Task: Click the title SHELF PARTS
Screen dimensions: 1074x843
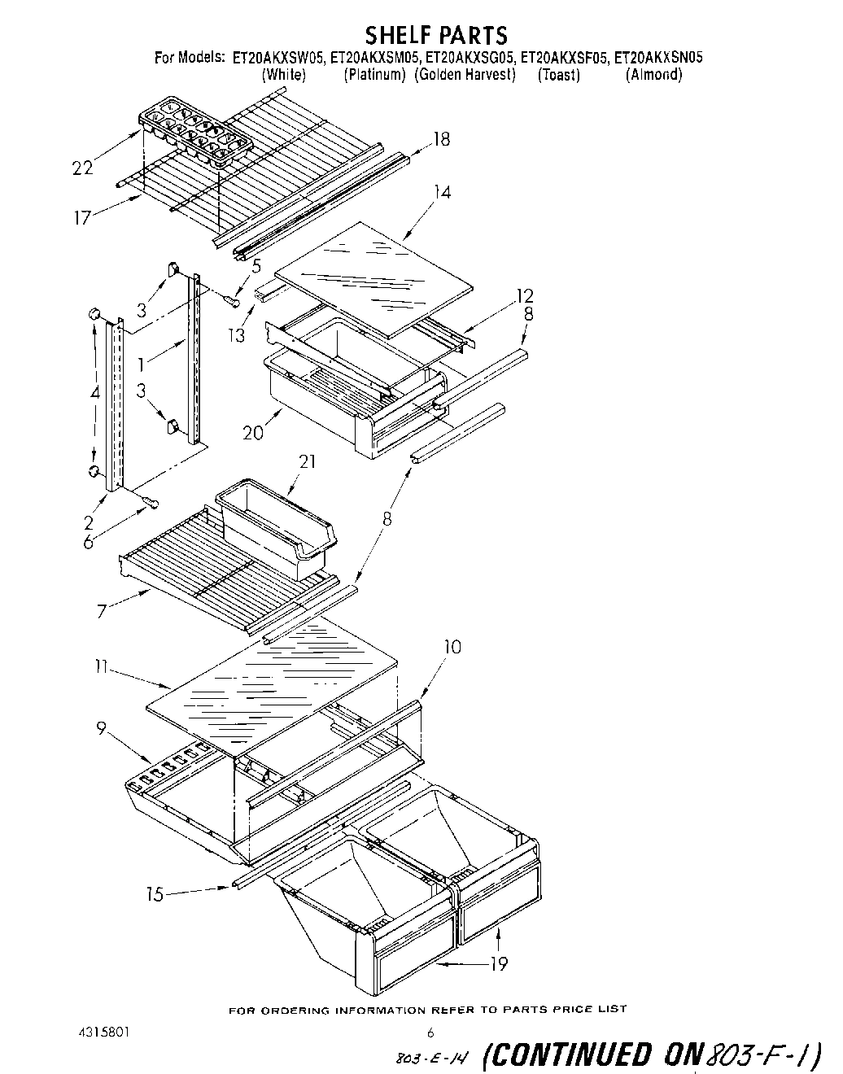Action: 435,35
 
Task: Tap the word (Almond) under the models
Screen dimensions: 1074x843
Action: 653,75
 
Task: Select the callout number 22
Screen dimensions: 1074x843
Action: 82,168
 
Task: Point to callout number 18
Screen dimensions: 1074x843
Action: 440,139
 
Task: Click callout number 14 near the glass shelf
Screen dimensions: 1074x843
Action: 442,192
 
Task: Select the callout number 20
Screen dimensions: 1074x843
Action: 253,432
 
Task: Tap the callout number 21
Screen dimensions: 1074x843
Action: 308,461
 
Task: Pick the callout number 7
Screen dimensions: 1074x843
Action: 102,610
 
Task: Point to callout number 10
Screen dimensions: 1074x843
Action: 452,647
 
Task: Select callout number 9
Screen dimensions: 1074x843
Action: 101,729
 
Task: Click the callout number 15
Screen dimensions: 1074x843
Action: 155,894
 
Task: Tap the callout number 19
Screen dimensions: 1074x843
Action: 498,963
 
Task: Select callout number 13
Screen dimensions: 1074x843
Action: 237,312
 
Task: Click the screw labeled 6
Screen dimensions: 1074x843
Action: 148,504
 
